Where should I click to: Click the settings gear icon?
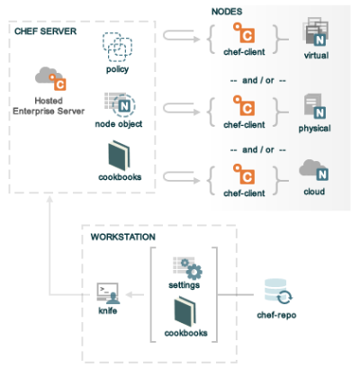click(189, 266)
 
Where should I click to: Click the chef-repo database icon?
click(277, 292)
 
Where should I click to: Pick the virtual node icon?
click(316, 31)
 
